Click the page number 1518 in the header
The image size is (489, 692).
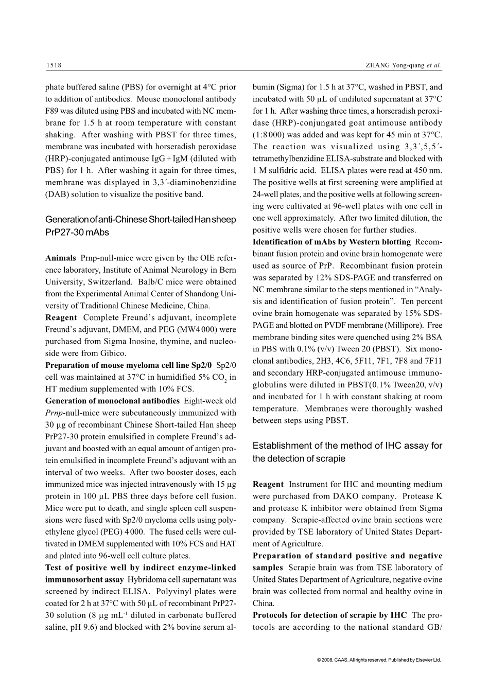coord(54,65)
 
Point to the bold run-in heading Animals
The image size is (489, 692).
coord(60,258)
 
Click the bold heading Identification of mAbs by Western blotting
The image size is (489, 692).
coord(331,242)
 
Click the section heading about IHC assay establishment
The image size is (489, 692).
coord(347,452)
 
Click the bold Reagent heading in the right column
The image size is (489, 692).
coord(268,484)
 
